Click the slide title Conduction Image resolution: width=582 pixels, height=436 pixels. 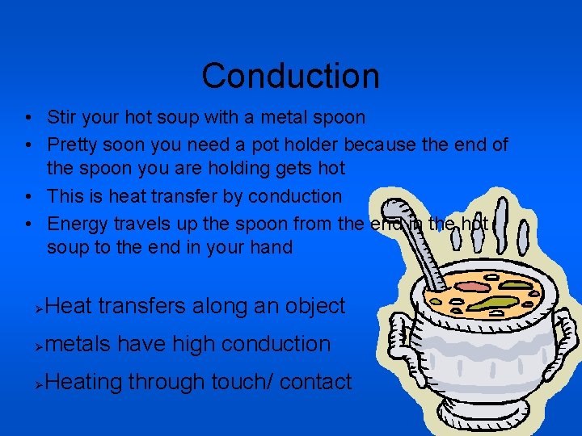290,76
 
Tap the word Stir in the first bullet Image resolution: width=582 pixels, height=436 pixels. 61,117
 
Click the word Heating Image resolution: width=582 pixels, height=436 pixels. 84,381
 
